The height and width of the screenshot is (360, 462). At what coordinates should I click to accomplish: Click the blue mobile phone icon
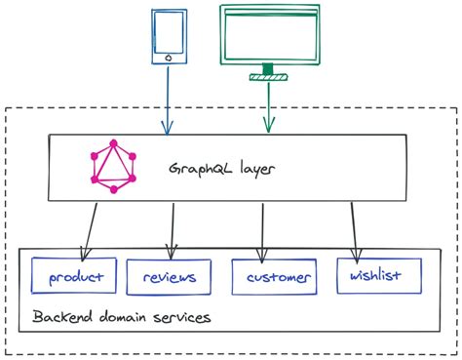point(169,37)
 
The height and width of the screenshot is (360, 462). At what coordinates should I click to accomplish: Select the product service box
point(74,276)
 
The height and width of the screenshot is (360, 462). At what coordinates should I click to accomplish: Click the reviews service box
point(169,277)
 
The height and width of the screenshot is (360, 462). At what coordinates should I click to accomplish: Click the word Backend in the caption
point(62,318)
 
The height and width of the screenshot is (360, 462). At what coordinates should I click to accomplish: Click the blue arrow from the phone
point(168,98)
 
